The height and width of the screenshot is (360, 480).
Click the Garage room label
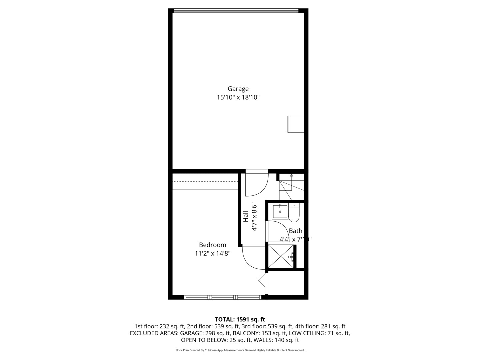238,89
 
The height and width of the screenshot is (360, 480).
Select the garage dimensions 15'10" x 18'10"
238,98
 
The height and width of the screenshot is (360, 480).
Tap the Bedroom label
212,245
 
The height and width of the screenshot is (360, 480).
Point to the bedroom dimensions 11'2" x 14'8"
212,254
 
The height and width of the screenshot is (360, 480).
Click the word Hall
246,217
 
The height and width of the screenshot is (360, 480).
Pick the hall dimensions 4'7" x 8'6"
255,217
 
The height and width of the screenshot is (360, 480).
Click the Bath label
295,231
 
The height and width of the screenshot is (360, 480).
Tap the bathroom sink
280,211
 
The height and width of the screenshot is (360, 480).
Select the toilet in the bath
294,213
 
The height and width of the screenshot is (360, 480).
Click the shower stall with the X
281,256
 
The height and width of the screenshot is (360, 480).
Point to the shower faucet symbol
292,257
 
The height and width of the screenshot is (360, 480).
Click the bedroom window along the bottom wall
223,297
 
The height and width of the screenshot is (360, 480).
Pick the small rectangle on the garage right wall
296,124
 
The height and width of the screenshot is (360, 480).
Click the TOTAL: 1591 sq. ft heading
240,320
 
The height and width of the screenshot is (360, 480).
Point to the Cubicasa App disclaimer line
240,350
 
